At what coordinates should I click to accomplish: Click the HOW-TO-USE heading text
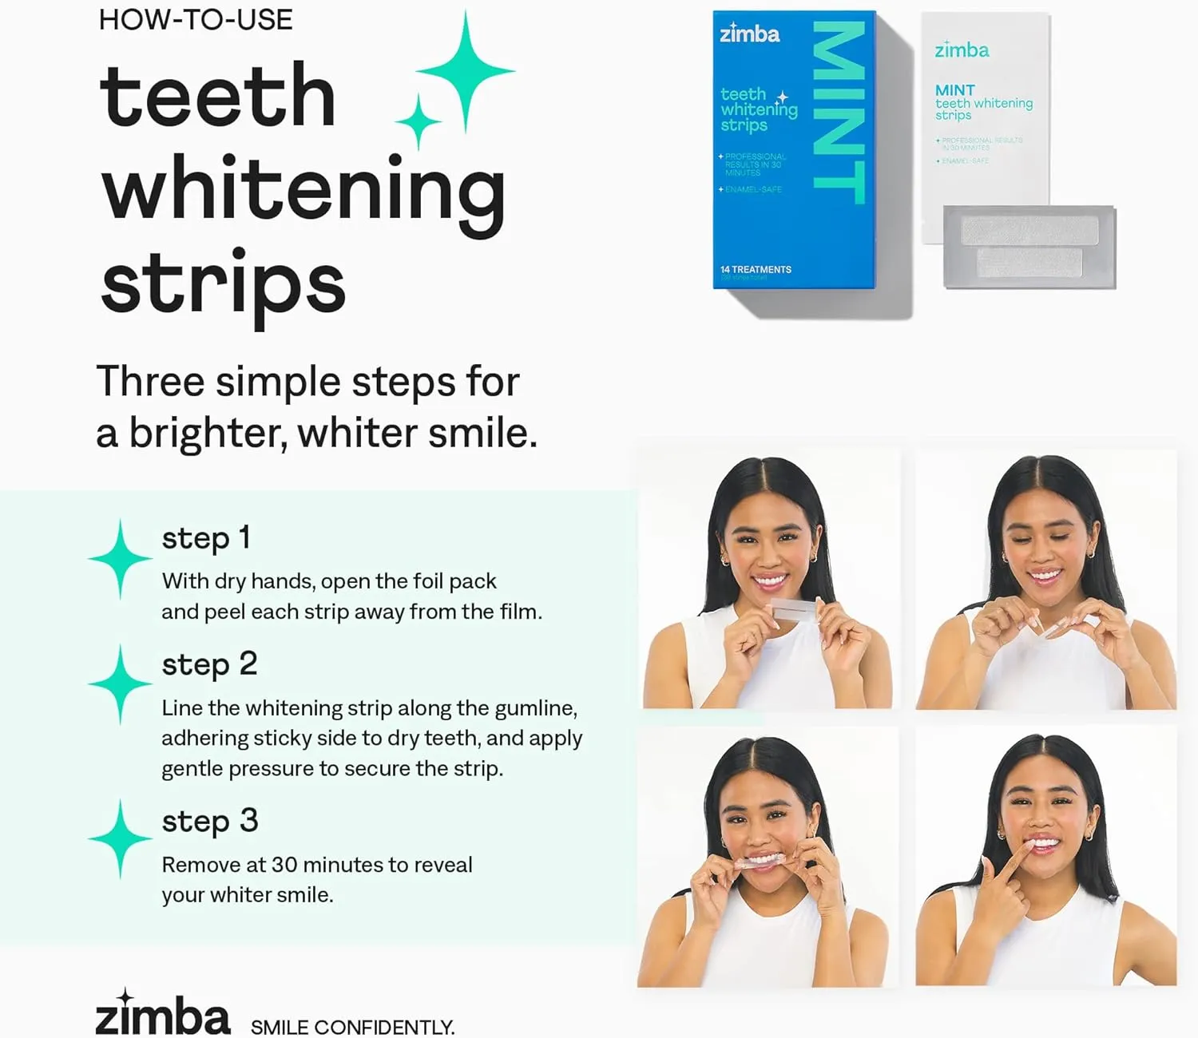[x=196, y=19]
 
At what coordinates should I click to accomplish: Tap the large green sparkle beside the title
[x=466, y=70]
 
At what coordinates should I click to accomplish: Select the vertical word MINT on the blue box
[x=839, y=113]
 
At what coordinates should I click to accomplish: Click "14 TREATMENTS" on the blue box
[x=756, y=269]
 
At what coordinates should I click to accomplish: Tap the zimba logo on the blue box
[x=749, y=34]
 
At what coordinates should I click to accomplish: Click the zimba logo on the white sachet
[x=962, y=50]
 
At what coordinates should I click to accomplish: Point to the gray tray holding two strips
[x=1029, y=247]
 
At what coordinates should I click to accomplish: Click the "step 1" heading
[x=206, y=538]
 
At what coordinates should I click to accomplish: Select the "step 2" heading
[x=209, y=664]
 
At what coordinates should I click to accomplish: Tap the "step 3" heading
[x=210, y=821]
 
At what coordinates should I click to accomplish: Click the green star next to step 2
[x=120, y=684]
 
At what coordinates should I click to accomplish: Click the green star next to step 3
[x=120, y=838]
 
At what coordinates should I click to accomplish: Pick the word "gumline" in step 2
[x=534, y=708]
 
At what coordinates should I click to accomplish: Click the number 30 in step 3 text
[x=284, y=865]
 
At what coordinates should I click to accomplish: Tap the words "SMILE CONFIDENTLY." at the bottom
[x=352, y=1027]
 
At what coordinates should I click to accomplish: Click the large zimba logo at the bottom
[x=163, y=1015]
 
